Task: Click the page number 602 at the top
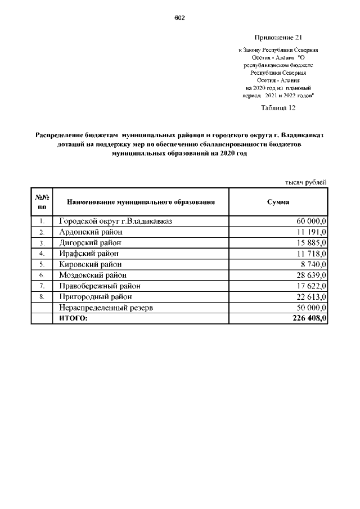click(x=179, y=17)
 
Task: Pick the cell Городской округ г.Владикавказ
click(x=115, y=222)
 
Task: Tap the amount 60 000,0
click(x=309, y=222)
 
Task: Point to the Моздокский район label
click(x=92, y=275)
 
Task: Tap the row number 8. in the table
click(x=42, y=296)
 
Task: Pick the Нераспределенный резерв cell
click(x=106, y=308)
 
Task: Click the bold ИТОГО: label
click(x=74, y=318)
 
